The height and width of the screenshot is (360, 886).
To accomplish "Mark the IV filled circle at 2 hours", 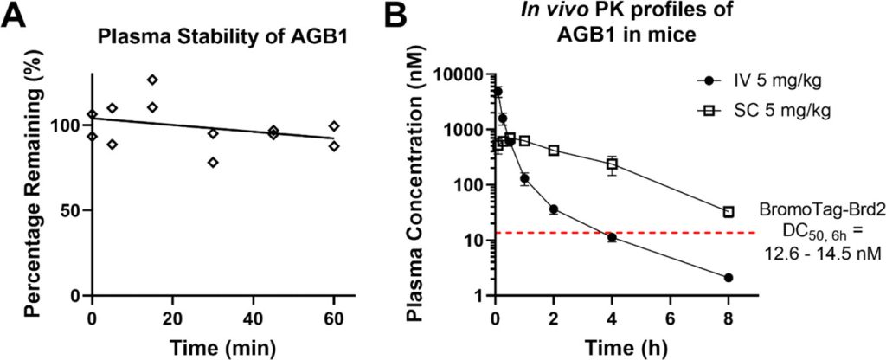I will click(x=553, y=209).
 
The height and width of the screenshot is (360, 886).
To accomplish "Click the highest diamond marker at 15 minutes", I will click(x=152, y=80).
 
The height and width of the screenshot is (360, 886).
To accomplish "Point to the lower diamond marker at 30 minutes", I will click(x=213, y=163).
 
